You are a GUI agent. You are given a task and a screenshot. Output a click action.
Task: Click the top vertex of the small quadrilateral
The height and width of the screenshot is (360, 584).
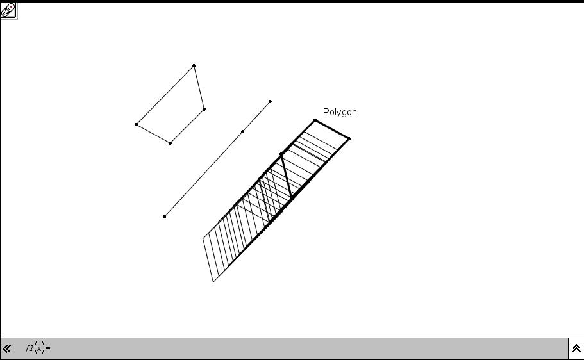click(x=194, y=66)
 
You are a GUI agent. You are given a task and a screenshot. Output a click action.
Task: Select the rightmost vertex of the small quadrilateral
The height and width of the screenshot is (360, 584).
click(x=204, y=109)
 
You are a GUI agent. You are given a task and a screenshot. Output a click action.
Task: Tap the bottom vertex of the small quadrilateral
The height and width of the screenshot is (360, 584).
click(x=171, y=143)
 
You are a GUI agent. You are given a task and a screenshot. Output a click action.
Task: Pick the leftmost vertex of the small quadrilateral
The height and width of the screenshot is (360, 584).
click(x=137, y=124)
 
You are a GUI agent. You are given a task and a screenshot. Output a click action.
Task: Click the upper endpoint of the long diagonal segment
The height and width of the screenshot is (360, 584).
click(x=270, y=102)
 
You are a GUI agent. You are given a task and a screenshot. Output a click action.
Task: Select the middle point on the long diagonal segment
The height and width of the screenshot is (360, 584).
click(x=243, y=131)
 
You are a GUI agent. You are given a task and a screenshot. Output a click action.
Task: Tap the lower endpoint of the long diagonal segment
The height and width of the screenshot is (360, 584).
click(x=164, y=217)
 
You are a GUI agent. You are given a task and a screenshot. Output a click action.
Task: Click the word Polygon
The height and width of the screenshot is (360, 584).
click(x=340, y=112)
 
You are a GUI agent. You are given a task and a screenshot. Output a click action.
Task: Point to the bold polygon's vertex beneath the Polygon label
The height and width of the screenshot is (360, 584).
click(x=315, y=120)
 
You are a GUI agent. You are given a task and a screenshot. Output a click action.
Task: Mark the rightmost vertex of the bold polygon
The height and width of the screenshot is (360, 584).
click(x=349, y=138)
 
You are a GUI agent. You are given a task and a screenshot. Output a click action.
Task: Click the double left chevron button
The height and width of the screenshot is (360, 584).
click(x=6, y=348)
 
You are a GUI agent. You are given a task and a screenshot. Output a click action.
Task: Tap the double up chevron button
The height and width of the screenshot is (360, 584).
click(x=576, y=348)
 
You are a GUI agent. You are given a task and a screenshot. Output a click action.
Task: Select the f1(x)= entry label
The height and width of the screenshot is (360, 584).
click(x=38, y=348)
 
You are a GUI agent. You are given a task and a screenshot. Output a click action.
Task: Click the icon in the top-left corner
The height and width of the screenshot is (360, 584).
click(x=8, y=10)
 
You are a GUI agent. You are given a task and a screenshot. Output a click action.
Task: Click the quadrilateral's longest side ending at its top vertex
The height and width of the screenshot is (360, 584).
click(x=165, y=95)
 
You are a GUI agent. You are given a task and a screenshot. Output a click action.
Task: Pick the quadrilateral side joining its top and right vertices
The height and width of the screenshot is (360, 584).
click(x=199, y=88)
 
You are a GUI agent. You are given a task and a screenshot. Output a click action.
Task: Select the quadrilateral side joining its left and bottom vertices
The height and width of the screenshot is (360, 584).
click(x=153, y=134)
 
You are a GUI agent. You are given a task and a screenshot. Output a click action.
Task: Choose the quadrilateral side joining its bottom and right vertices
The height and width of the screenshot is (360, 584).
click(x=187, y=126)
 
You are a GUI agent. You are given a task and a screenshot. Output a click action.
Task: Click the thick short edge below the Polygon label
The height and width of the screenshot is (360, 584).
click(x=332, y=129)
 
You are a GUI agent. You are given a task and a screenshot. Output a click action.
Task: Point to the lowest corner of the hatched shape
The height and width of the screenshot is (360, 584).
click(x=213, y=282)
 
